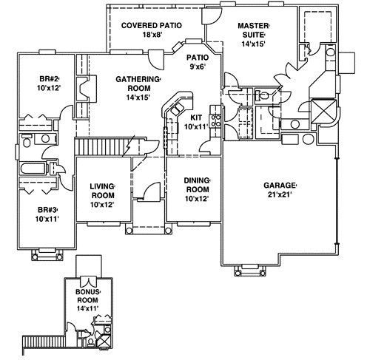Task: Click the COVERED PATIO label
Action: point(150,24)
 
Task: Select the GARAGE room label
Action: point(280,185)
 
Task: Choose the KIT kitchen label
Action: point(196,117)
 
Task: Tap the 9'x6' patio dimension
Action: point(197,67)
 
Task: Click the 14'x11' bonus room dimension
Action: point(87,308)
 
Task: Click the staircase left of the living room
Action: point(101,146)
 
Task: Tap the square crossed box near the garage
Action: point(325,112)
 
